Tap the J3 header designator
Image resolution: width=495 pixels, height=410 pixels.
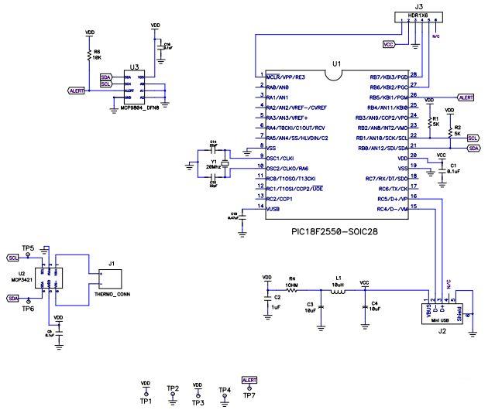[419, 5]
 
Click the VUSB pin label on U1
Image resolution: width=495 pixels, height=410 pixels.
[274, 210]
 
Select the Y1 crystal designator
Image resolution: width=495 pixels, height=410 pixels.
[213, 163]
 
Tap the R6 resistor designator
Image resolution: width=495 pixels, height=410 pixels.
[97, 51]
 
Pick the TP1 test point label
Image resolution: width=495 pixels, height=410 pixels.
[145, 402]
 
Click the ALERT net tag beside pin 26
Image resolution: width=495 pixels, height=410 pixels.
[466, 98]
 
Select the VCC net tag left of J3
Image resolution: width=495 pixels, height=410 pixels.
[390, 45]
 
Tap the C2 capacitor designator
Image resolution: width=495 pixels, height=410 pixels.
[277, 296]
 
